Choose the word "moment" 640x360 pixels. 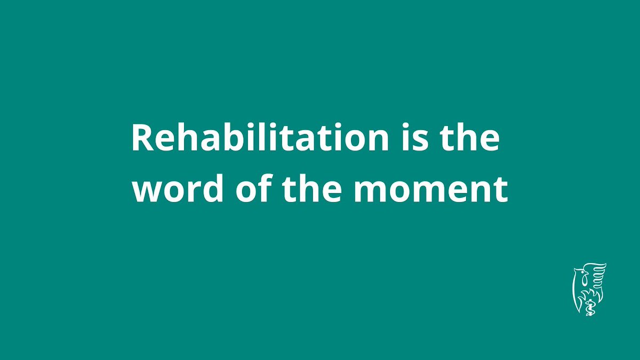pos(430,190)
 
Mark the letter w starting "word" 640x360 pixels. pos(146,193)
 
